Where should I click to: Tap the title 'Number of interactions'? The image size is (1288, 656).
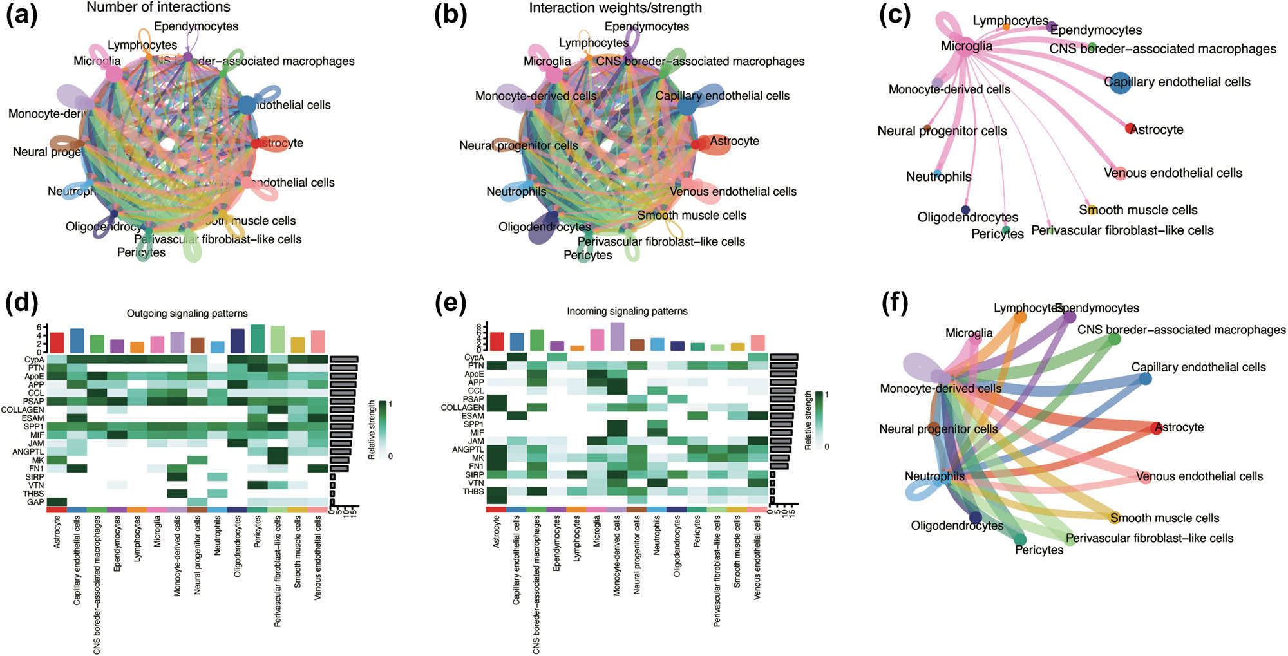tap(158, 8)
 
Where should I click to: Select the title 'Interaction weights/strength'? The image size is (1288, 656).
tap(615, 8)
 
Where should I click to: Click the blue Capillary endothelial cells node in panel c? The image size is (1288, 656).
tap(1120, 83)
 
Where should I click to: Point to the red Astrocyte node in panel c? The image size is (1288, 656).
tap(1130, 128)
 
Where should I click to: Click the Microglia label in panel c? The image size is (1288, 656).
tap(966, 46)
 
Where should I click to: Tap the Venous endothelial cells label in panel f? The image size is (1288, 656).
tap(1199, 476)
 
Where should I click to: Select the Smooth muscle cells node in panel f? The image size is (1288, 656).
tap(1115, 518)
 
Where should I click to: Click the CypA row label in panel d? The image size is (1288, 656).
tap(34, 360)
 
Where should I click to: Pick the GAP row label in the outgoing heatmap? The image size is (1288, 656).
tap(35, 502)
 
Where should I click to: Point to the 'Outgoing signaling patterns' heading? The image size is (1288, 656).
tap(187, 314)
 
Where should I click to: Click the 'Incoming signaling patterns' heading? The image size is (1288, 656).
tap(627, 311)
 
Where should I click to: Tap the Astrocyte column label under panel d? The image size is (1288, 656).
tap(57, 532)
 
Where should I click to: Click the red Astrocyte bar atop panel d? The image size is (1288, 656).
tap(57, 342)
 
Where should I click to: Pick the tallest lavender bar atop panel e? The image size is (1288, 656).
tap(617, 337)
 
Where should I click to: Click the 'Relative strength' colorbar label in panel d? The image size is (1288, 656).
tap(372, 429)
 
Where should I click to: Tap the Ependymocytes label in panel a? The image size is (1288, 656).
tap(196, 26)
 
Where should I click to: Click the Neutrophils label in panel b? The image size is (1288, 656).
tap(516, 191)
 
